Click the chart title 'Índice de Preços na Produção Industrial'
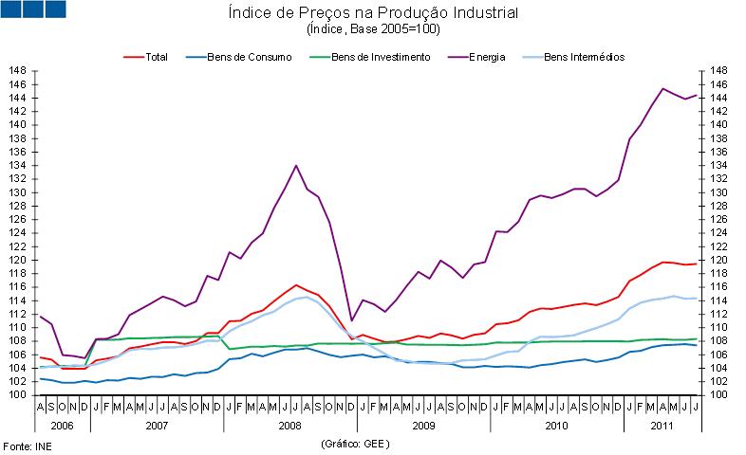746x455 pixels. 373,13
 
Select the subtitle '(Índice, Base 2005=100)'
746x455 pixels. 373,29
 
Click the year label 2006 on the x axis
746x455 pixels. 63,426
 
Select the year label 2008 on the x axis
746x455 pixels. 290,426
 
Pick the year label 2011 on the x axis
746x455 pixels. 662,426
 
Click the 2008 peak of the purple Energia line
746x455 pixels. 296,166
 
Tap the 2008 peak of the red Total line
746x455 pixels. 296,284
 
